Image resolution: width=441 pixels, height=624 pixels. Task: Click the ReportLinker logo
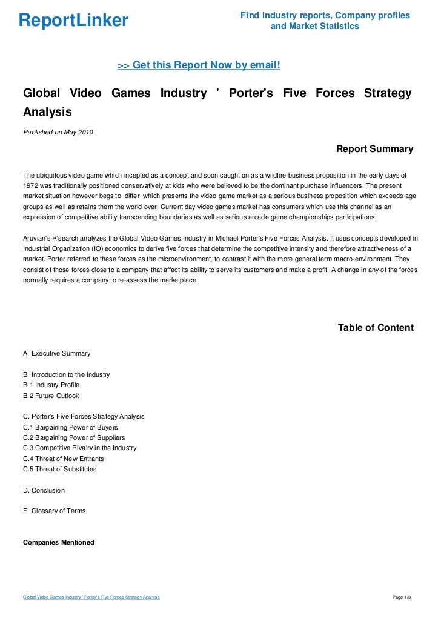[x=73, y=21]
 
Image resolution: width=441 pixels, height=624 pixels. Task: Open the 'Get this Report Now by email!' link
[x=198, y=65]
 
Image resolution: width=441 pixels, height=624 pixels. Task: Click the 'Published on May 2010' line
[x=58, y=132]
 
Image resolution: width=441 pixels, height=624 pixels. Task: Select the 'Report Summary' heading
[x=374, y=149]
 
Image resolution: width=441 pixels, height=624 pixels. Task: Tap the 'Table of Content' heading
[x=376, y=328]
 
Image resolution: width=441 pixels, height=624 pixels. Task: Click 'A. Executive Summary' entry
[x=56, y=353]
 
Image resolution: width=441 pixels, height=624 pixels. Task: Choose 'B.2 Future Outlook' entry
[x=51, y=396]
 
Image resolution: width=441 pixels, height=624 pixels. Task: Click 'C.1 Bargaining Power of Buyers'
[x=70, y=427]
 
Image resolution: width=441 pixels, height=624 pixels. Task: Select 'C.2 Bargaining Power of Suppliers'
[x=74, y=437]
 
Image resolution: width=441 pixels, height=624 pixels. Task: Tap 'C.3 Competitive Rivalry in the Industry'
[x=79, y=448]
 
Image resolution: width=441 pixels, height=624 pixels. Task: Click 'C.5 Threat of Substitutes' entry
[x=59, y=469]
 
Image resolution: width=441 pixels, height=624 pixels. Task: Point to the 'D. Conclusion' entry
[x=44, y=490]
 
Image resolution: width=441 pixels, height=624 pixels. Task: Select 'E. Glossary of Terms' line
[x=54, y=511]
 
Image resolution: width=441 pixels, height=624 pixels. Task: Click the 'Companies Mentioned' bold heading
[x=58, y=542]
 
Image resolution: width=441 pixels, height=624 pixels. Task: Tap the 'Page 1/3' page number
[x=402, y=597]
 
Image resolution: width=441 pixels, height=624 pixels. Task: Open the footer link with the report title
[x=91, y=597]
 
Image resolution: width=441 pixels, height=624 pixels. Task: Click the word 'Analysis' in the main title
[x=47, y=112]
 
